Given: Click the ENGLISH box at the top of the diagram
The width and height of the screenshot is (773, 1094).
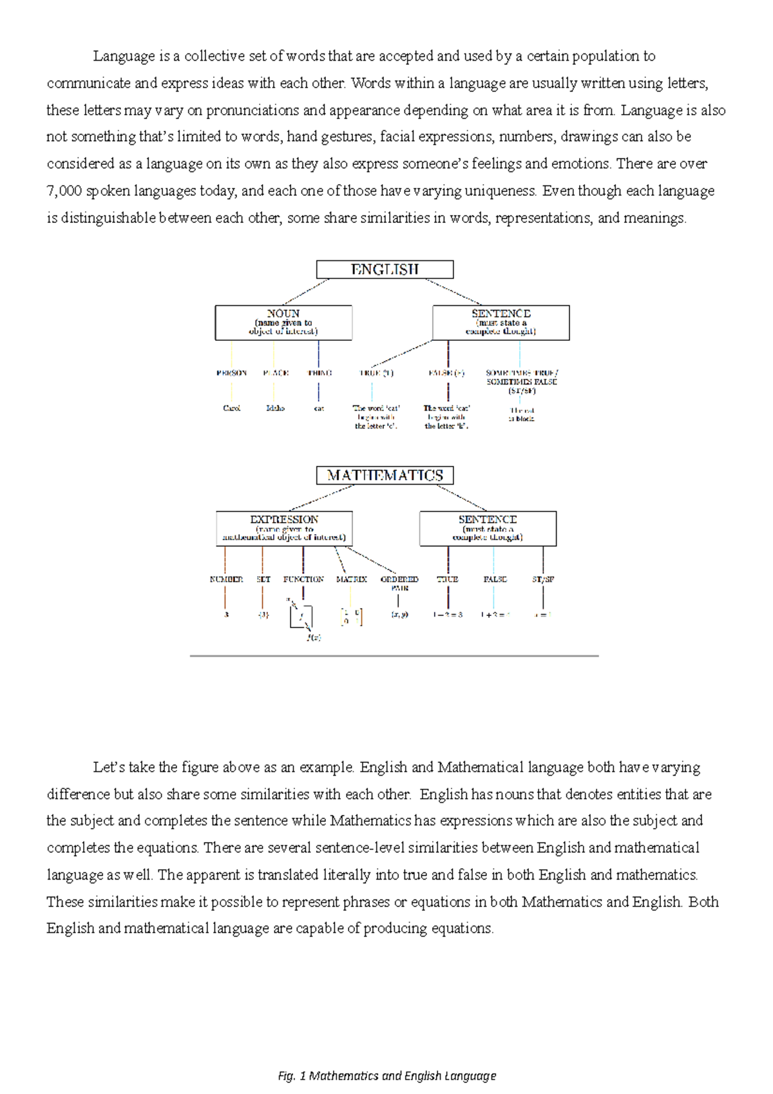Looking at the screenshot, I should [385, 269].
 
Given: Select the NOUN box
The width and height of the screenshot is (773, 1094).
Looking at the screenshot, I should [283, 322].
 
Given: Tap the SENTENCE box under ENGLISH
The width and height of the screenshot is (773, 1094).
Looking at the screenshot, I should [501, 322].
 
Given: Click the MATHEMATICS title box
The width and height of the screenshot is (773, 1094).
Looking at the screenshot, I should [385, 475].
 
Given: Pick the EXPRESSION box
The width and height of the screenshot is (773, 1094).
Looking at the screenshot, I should [284, 528].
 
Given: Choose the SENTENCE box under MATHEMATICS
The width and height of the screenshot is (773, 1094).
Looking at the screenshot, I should [488, 528].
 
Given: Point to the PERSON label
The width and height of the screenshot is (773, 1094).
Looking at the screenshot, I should [231, 373].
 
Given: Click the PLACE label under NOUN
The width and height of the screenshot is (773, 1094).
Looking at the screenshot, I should [276, 373].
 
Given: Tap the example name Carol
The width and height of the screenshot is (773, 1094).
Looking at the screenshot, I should [231, 408].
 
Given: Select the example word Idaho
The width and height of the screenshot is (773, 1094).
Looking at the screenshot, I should [275, 408].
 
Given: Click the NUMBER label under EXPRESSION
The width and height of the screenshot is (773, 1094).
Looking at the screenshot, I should [226, 579].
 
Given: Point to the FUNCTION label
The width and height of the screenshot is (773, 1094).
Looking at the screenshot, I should [303, 579].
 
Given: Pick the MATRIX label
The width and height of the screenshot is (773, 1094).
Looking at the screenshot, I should [351, 579].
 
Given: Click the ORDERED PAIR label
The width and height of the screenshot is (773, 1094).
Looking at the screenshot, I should [399, 583].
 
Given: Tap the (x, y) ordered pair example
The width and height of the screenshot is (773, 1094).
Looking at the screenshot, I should [399, 615].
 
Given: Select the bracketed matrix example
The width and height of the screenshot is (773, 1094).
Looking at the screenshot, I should [351, 617].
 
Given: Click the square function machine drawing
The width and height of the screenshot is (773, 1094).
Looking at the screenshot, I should [301, 617].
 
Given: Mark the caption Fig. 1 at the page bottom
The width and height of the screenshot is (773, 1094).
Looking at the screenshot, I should [386, 1075].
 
